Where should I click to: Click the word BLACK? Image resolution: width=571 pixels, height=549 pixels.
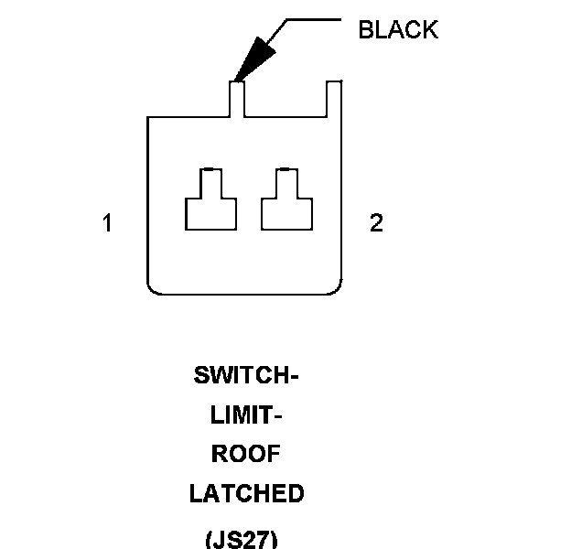pos(398,29)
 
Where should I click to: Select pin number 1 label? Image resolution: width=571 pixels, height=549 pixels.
pos(107,223)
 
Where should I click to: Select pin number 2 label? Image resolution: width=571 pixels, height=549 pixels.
pos(376,223)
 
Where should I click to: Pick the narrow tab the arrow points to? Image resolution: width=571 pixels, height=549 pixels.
pos(237,99)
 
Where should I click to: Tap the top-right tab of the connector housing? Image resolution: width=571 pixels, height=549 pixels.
pos(334,99)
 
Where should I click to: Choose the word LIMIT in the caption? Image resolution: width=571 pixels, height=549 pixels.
pos(242,415)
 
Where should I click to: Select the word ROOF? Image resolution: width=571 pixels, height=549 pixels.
pos(246,455)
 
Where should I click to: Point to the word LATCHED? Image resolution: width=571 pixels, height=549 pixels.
pos(246,494)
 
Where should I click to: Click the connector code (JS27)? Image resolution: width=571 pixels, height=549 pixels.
pos(242,538)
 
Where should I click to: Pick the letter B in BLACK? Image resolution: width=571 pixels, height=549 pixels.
pos(365,29)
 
